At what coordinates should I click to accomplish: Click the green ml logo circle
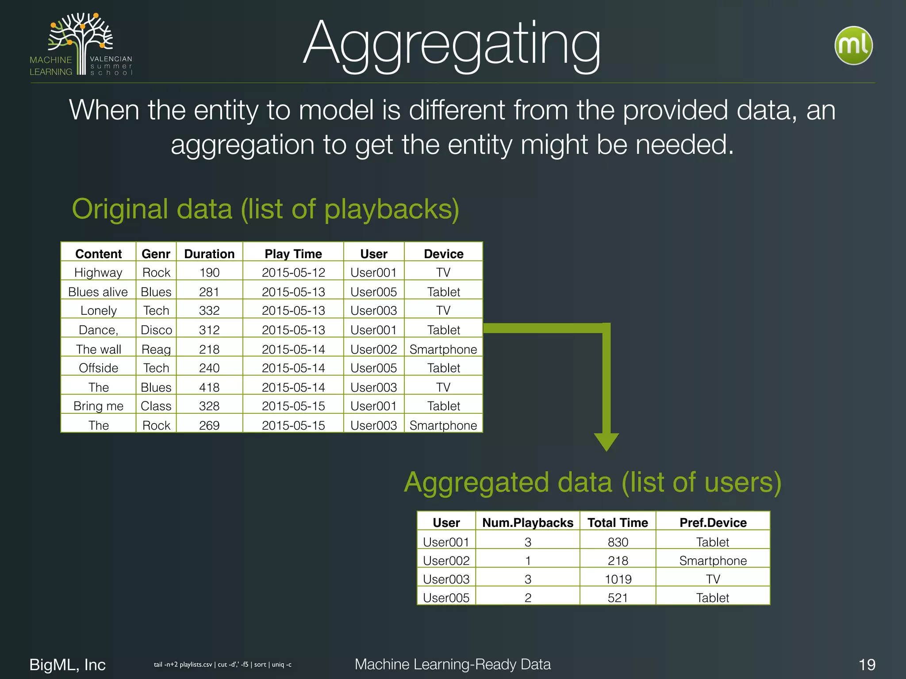pyautogui.click(x=853, y=46)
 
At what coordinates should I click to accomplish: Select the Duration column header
pyautogui.click(x=209, y=254)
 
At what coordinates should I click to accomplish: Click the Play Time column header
pyautogui.click(x=293, y=254)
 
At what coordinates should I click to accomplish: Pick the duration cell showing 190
pyautogui.click(x=209, y=272)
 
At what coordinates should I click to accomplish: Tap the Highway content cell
pyautogui.click(x=98, y=272)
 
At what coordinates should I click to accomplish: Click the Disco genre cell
pyautogui.click(x=156, y=330)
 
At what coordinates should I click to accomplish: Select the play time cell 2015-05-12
pyautogui.click(x=293, y=272)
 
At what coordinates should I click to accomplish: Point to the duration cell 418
pyautogui.click(x=209, y=387)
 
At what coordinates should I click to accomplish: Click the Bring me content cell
pyautogui.click(x=98, y=406)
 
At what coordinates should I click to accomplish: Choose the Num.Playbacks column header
pyautogui.click(x=528, y=523)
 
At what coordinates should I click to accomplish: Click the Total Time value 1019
pyautogui.click(x=618, y=579)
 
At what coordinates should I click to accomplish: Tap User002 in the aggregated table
pyautogui.click(x=446, y=561)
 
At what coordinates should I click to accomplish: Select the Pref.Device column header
pyautogui.click(x=713, y=523)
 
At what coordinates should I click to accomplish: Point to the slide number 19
pyautogui.click(x=867, y=664)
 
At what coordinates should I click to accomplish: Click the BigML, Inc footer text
pyautogui.click(x=67, y=664)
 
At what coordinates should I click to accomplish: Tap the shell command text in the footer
pyautogui.click(x=223, y=664)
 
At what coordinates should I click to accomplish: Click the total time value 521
pyautogui.click(x=618, y=598)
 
